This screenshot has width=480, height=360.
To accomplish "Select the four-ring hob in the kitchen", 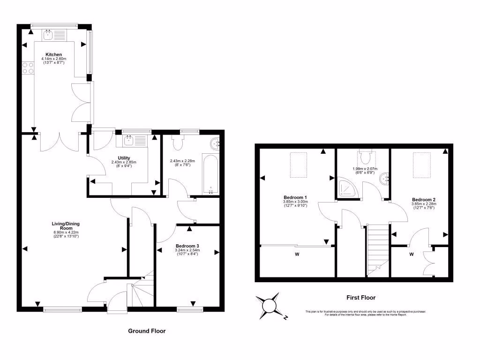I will [x=28, y=68].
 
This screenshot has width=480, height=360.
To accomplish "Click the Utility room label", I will [x=124, y=158].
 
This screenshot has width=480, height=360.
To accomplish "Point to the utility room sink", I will [x=129, y=139].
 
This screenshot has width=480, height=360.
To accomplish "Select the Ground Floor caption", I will [x=147, y=330].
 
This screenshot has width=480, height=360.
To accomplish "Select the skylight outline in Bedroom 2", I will [x=421, y=165].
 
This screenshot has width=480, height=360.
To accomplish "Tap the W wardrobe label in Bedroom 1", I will [x=297, y=255].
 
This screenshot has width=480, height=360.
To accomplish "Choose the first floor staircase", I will [x=378, y=248].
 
